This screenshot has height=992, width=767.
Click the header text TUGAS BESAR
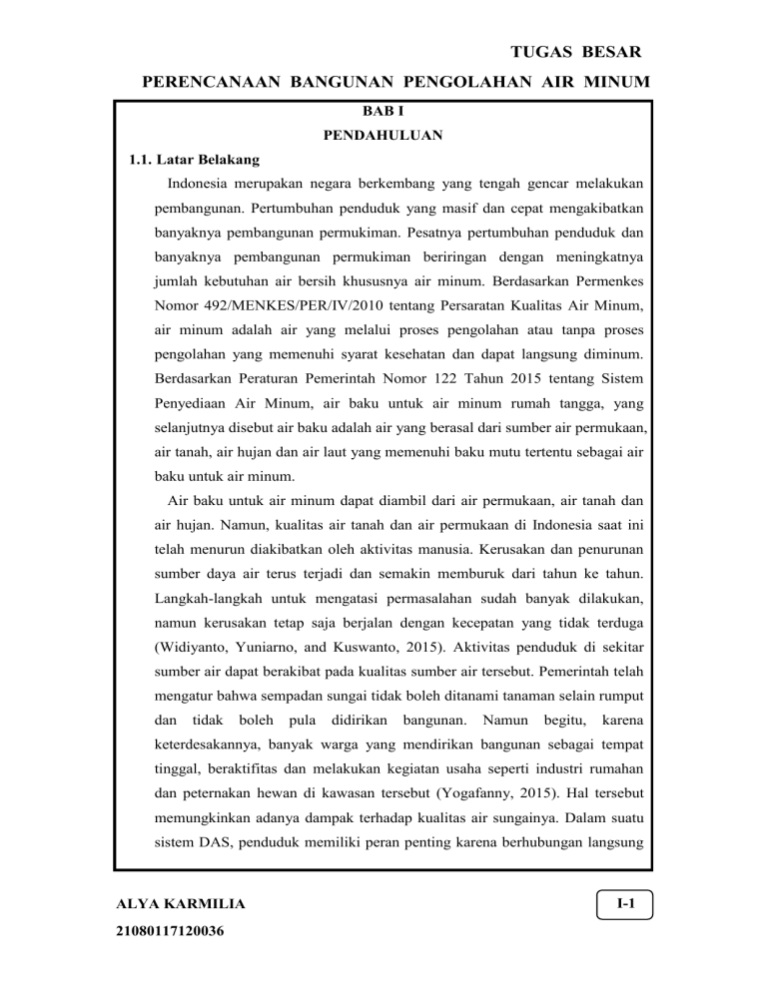572,50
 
